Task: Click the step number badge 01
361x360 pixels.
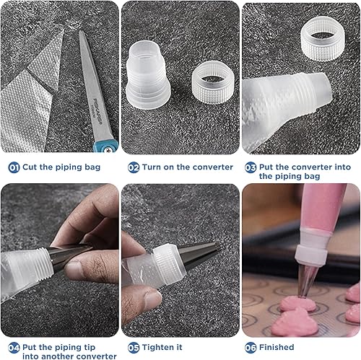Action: [x=14, y=167]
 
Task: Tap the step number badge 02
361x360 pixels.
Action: [x=134, y=167]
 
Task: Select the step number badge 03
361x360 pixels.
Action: [x=251, y=167]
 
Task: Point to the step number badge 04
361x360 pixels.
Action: [x=14, y=348]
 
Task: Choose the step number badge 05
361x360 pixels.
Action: [x=134, y=348]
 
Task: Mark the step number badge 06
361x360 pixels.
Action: [x=251, y=348]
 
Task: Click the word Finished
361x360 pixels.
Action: [x=277, y=347]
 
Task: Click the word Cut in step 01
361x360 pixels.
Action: [x=30, y=167]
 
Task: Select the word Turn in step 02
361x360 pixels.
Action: [x=152, y=167]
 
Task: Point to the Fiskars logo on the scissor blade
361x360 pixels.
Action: [x=97, y=111]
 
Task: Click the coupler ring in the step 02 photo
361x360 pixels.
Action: [x=213, y=82]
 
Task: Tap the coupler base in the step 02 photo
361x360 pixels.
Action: [x=148, y=75]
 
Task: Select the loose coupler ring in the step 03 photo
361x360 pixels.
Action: [x=323, y=38]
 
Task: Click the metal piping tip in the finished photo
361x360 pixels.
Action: [x=306, y=281]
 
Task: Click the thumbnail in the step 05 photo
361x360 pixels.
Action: [x=152, y=299]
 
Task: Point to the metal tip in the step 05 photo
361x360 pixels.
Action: [x=200, y=254]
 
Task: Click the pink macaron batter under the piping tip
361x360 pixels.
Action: [x=297, y=304]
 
